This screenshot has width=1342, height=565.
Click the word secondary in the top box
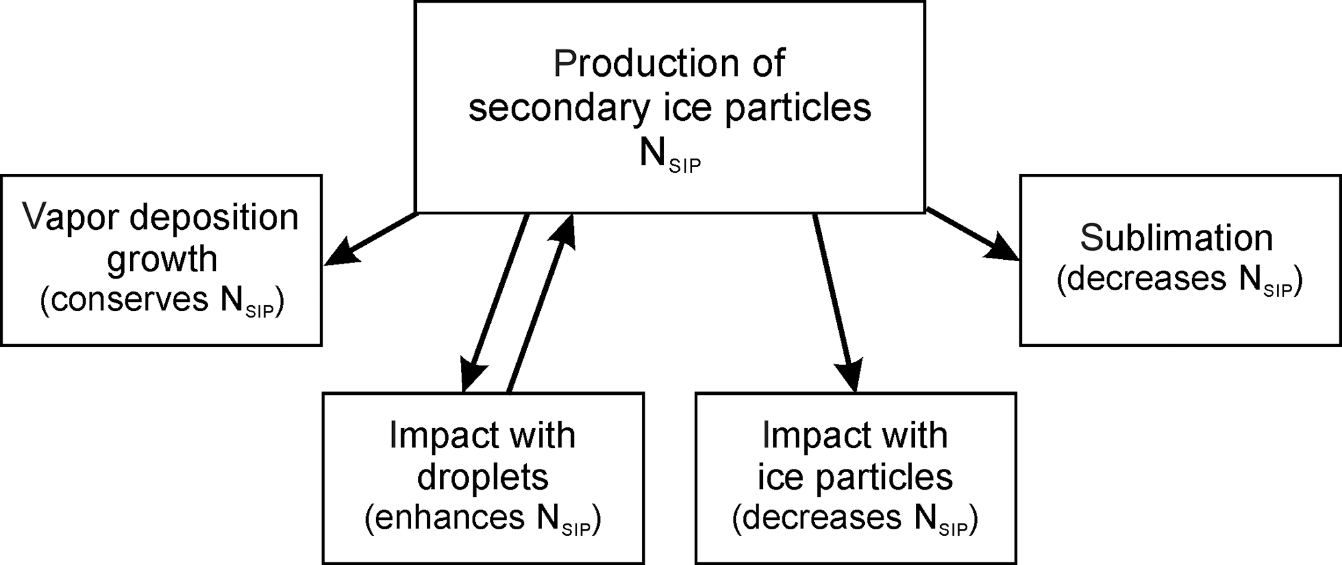[558, 108]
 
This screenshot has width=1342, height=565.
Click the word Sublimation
[1176, 238]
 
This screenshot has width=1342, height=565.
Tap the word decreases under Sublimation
[1147, 280]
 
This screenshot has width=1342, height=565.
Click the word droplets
[482, 477]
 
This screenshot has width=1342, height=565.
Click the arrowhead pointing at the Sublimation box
[1002, 249]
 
